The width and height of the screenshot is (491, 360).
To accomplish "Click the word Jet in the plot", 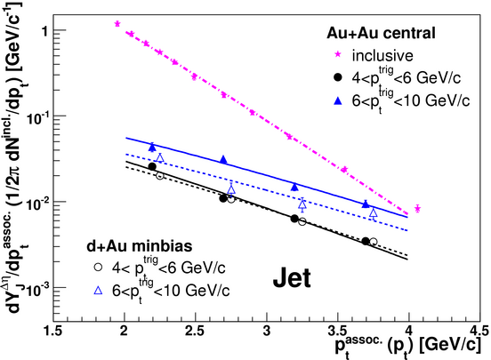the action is point(292,278).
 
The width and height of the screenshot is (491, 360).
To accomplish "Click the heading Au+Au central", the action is point(381,33).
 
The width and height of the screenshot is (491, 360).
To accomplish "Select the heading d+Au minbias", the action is point(140,246).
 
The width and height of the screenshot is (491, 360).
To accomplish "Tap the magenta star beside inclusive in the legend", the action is point(338,54).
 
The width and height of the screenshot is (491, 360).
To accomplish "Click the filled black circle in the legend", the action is point(338,77).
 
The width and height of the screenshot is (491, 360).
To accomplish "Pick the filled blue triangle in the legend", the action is point(338,100).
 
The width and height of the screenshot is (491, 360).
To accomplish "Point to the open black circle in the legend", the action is point(98,267).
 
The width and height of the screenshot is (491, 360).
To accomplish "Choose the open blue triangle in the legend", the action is point(98,291).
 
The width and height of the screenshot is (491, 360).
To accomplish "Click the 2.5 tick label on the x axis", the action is point(195,332).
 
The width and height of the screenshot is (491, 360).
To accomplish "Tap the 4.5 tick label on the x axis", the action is point(479,331).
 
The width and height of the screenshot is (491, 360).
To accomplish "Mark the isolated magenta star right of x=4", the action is point(417,208).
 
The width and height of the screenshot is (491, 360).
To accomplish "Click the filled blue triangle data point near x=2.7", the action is point(223,159).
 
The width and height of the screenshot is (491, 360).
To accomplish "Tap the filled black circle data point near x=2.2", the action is point(152,166).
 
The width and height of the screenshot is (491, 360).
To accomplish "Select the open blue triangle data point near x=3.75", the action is point(374,213).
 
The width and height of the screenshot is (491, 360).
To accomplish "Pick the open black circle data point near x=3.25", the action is point(302,221).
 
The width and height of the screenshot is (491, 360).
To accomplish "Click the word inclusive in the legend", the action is point(382,55).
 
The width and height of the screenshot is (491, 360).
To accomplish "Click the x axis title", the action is point(407,347).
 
